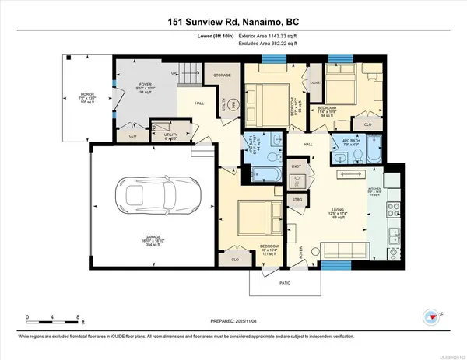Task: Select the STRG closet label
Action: click(296, 199)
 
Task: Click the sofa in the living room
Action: click(346, 250)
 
